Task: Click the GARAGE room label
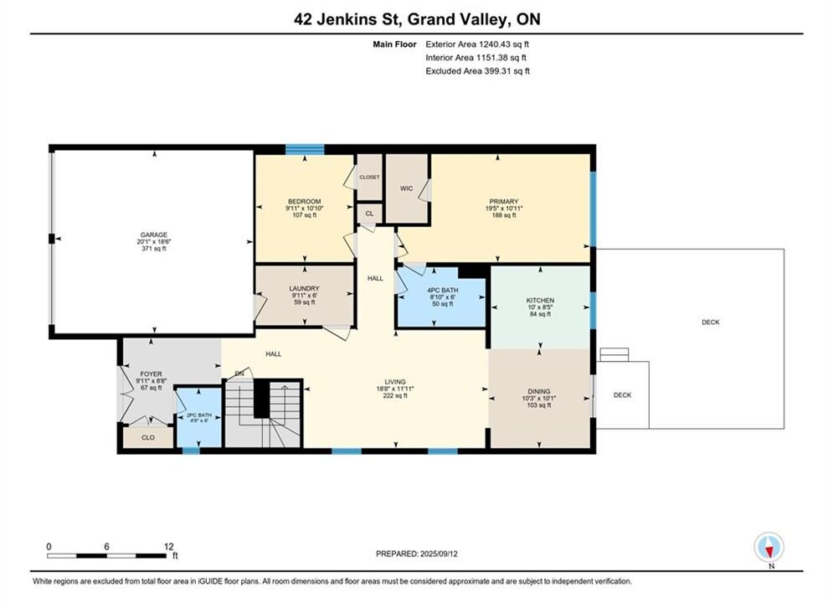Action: (x=153, y=234)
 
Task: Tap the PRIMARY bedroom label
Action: (x=504, y=201)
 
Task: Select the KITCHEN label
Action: (x=540, y=300)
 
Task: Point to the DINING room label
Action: (x=539, y=391)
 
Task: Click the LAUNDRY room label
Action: (x=305, y=288)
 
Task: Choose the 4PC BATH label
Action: (x=443, y=290)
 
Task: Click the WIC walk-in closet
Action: (x=406, y=188)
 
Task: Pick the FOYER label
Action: (x=152, y=374)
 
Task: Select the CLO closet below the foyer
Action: (x=148, y=437)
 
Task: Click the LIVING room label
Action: (x=395, y=381)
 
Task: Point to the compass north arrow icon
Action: (x=769, y=547)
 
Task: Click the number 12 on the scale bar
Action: (x=169, y=546)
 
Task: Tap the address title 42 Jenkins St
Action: (x=350, y=19)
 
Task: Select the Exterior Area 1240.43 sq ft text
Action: (x=477, y=44)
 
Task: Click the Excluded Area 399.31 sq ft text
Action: (x=477, y=70)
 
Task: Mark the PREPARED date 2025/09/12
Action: (x=439, y=554)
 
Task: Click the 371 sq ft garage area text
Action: (x=154, y=249)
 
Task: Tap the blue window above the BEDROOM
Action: (x=305, y=149)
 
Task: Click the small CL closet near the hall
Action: (x=369, y=214)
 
